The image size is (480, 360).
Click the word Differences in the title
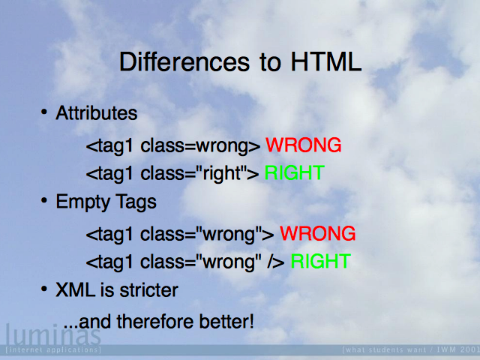pos(184,61)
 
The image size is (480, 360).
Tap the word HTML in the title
pos(326,61)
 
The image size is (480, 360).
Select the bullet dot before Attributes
pos(44,112)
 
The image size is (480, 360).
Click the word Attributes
pos(97,113)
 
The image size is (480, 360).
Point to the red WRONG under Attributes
pos(303,145)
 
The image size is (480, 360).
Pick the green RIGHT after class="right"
pos(294,172)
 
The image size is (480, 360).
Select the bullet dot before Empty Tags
pos(44,200)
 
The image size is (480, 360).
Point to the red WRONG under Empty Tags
pos(318,233)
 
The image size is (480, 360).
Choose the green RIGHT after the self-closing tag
pos(320,261)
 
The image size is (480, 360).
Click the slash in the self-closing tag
pos(270,261)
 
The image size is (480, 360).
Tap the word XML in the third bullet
pos(75,290)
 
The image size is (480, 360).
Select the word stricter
pos(148,290)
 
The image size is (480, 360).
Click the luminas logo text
pos(53,334)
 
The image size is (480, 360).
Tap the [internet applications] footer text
pos(53,349)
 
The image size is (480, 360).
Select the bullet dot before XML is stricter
pos(44,289)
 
